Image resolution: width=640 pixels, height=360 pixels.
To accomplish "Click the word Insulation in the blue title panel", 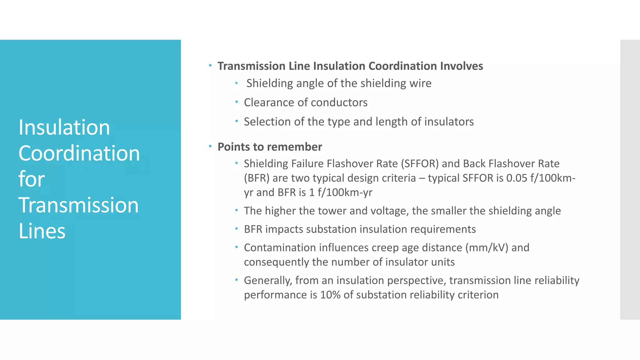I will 64,127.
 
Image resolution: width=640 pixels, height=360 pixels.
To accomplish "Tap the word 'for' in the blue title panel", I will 32,179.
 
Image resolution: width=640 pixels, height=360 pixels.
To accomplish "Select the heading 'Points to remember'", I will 269,147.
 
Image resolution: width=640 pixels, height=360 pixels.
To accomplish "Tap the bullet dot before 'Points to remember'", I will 210,146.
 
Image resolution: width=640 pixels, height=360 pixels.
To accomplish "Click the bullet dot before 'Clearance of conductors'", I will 237,102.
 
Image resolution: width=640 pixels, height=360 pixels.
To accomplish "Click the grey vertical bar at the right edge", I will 630,179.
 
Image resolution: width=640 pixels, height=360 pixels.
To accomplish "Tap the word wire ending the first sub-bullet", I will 421,83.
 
